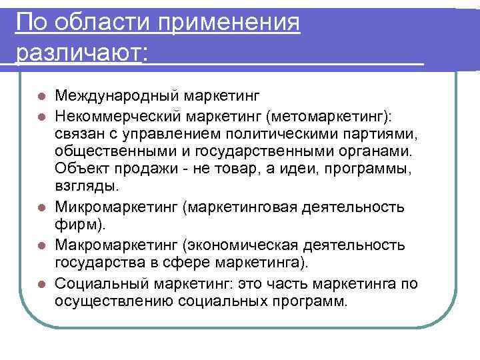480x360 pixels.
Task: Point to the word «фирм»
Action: [75, 222]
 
